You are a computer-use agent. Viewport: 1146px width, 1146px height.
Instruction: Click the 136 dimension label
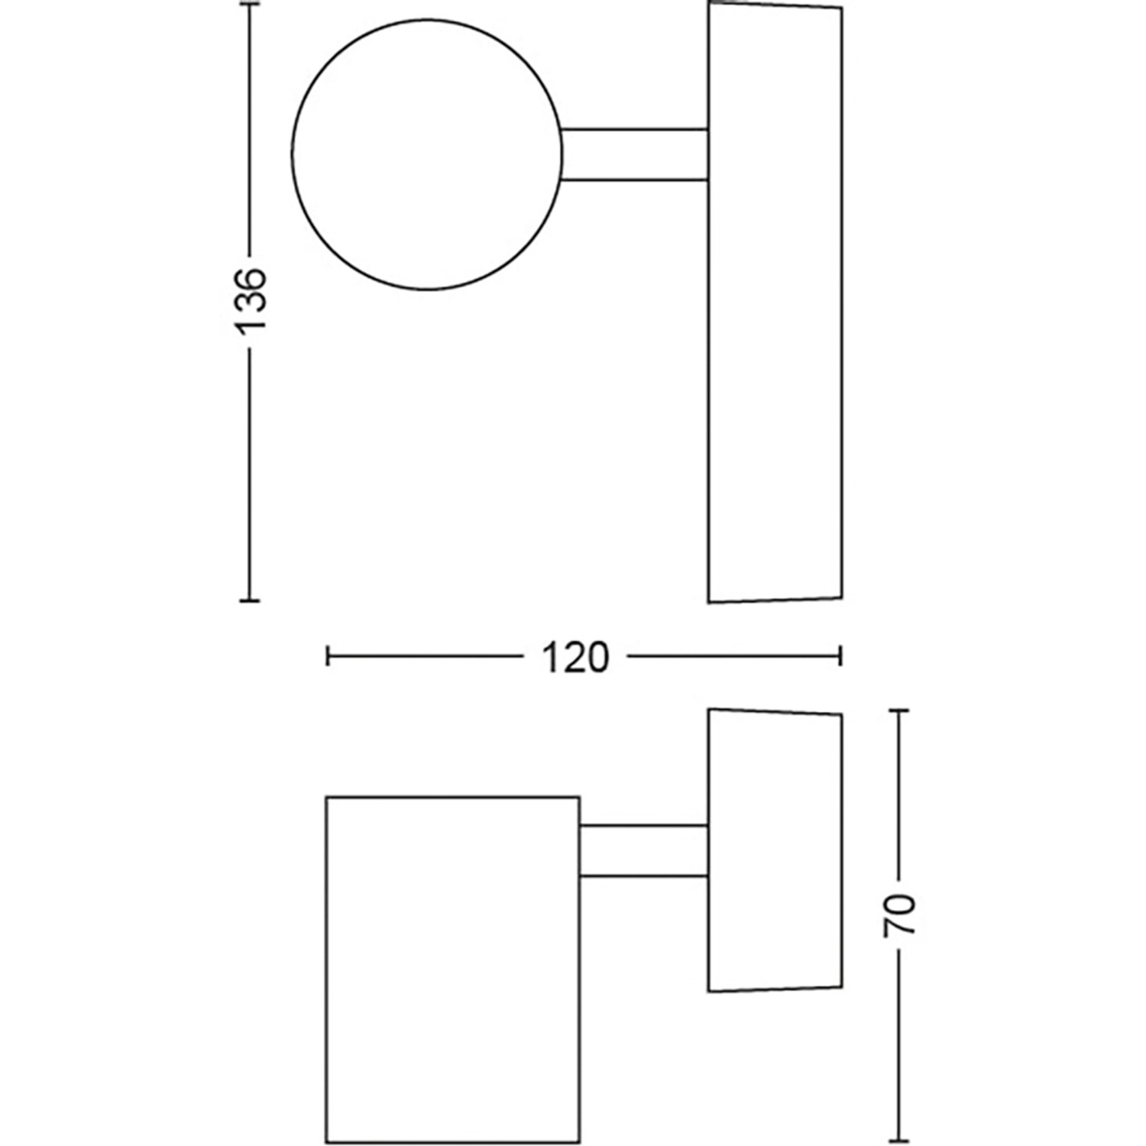click(x=251, y=299)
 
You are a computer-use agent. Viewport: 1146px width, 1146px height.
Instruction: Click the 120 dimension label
click(x=575, y=657)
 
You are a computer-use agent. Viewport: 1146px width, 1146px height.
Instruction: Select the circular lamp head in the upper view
click(x=427, y=154)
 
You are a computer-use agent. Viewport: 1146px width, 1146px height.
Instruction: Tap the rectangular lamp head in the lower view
click(x=452, y=970)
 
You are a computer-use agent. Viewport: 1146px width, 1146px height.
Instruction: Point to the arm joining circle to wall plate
click(x=634, y=154)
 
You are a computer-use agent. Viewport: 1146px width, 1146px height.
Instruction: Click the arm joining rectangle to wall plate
click(x=643, y=850)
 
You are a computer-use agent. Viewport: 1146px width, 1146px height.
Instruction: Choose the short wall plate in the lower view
click(x=775, y=850)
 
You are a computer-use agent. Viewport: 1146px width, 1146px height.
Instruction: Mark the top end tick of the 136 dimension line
click(x=249, y=5)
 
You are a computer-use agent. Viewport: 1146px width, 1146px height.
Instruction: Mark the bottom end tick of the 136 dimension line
click(x=249, y=601)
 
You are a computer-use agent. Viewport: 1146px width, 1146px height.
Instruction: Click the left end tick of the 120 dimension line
click(x=328, y=656)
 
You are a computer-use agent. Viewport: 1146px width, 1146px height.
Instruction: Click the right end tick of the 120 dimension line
click(x=840, y=656)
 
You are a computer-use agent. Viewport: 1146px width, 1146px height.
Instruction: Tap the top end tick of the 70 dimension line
click(x=899, y=711)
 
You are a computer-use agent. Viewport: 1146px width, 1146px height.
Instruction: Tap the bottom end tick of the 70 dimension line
click(x=899, y=1141)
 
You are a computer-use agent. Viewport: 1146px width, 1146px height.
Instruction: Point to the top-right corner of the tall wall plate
click(x=841, y=8)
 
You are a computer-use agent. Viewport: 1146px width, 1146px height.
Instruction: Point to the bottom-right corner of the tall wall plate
click(x=841, y=597)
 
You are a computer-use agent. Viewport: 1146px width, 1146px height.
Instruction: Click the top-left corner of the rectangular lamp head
click(x=327, y=798)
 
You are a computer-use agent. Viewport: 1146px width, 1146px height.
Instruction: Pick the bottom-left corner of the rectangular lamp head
click(x=327, y=1142)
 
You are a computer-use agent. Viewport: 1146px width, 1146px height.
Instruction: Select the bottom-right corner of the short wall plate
click(x=841, y=986)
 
